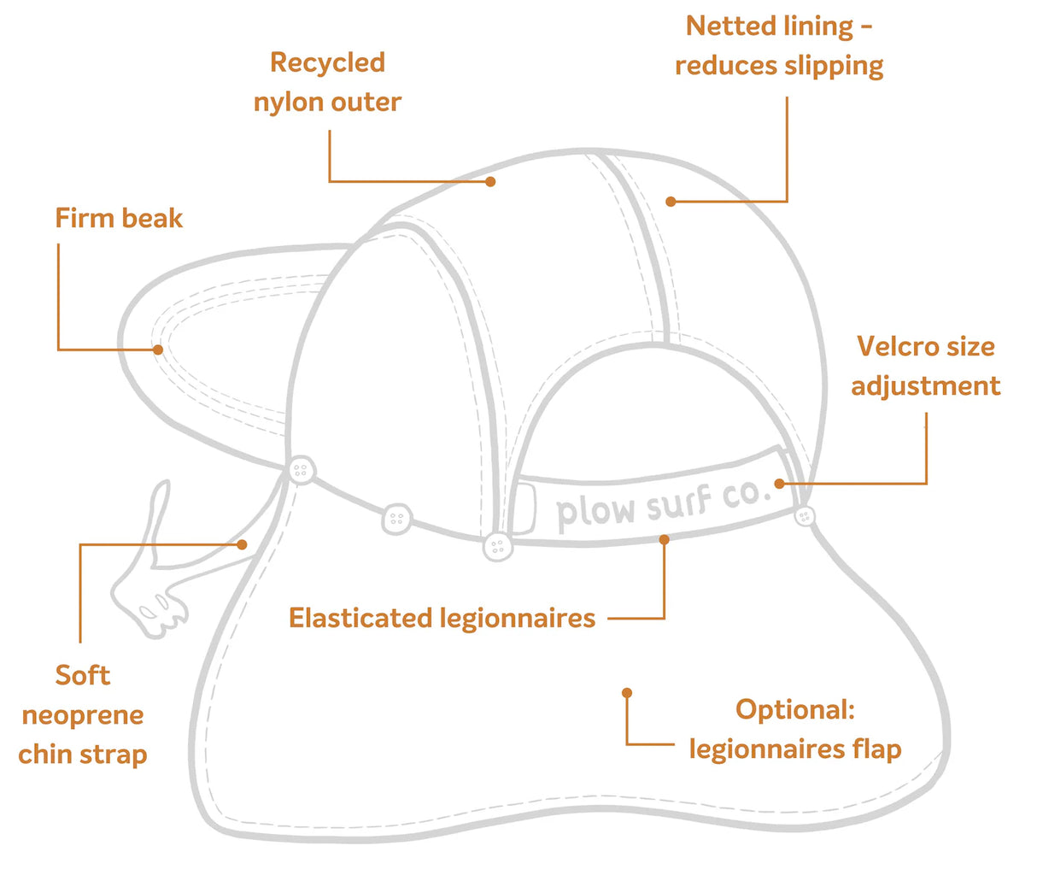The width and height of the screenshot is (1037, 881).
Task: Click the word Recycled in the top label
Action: click(327, 62)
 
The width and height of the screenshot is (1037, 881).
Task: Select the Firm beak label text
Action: click(119, 219)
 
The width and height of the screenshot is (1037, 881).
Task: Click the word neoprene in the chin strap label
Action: click(83, 715)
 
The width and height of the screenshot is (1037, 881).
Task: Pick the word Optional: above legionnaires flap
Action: click(795, 709)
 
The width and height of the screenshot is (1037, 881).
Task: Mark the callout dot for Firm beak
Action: click(158, 349)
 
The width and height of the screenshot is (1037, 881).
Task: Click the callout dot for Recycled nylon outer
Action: click(490, 181)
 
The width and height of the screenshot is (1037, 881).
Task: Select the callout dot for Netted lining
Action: click(671, 202)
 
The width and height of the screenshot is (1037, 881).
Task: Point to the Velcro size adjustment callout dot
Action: click(780, 484)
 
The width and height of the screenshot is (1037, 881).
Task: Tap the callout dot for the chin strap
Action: click(243, 543)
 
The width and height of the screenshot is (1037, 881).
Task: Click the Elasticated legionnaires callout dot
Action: click(664, 539)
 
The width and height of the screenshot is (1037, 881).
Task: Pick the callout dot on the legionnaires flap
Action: click(627, 692)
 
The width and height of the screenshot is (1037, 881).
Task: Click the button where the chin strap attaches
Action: click(301, 470)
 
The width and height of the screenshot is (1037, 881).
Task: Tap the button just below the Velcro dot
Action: click(804, 516)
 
